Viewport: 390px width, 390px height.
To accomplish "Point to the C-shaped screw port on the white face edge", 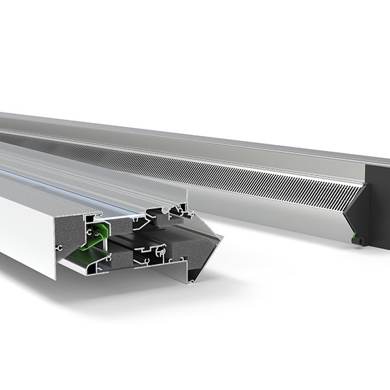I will click(x=60, y=248).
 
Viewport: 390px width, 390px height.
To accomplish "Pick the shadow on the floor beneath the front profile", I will click(x=130, y=299).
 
